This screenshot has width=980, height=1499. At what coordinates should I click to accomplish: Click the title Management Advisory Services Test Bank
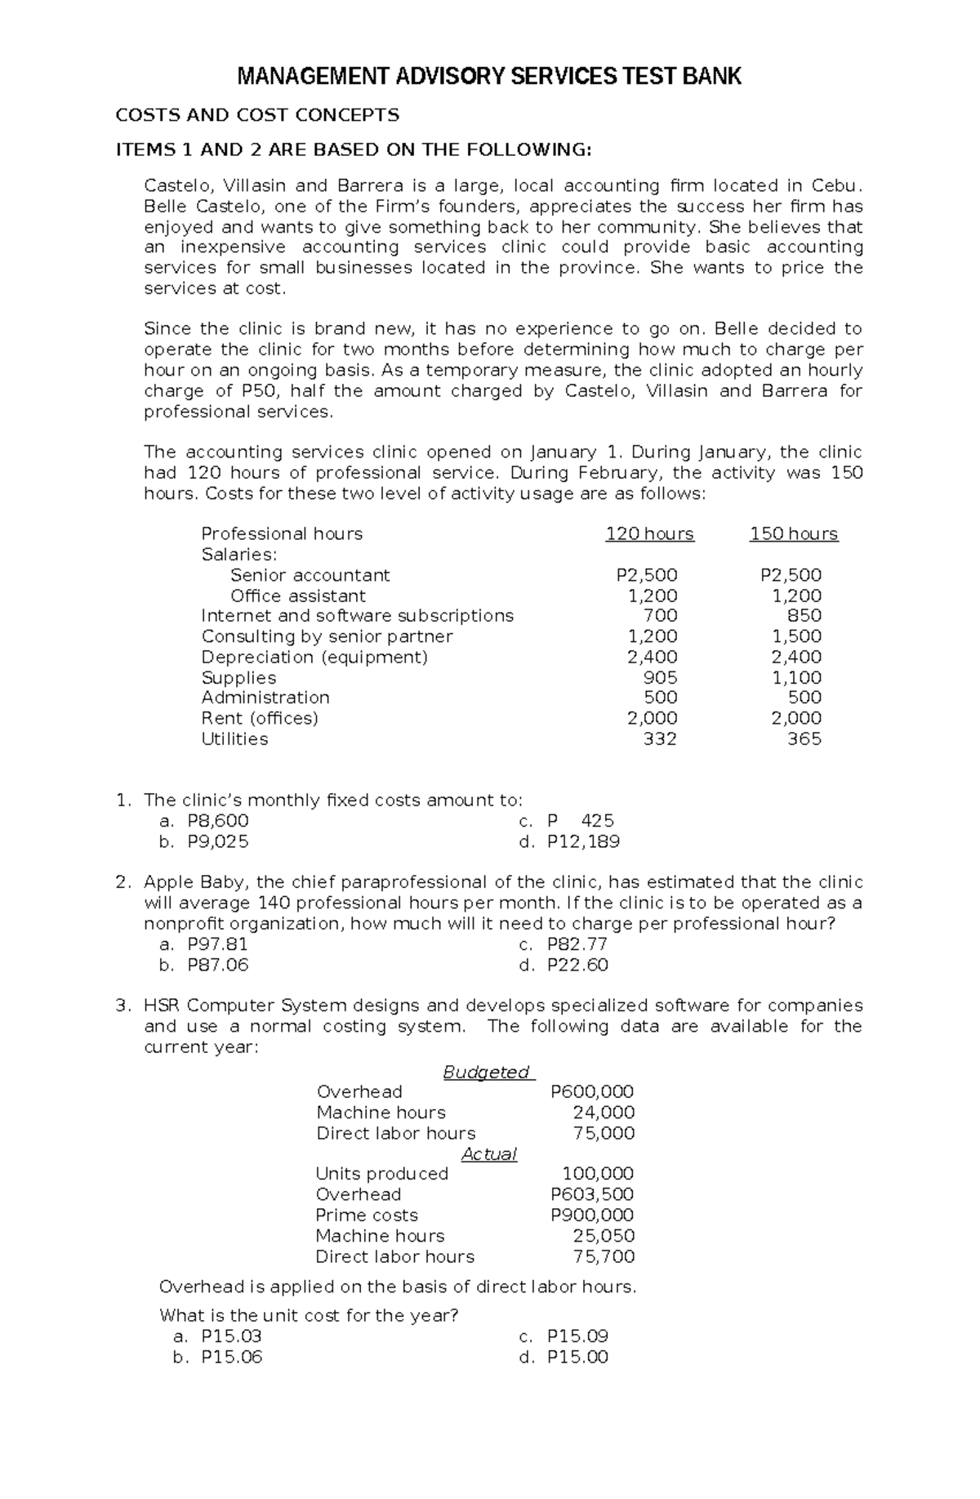tap(488, 78)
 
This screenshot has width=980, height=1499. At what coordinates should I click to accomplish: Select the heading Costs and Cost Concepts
tap(257, 115)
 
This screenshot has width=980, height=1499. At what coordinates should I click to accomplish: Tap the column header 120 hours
tap(649, 534)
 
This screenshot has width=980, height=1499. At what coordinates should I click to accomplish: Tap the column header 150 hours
tap(794, 534)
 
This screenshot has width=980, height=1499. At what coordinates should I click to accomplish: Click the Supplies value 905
tap(661, 678)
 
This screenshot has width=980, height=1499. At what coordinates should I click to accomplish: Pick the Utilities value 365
tap(804, 739)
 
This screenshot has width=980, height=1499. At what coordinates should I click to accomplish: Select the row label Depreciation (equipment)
tap(314, 658)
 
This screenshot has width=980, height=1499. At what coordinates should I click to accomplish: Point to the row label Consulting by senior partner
tap(327, 636)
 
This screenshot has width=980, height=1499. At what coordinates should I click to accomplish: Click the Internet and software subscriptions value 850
tap(804, 616)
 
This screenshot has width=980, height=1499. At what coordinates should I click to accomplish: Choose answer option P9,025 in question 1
tap(218, 841)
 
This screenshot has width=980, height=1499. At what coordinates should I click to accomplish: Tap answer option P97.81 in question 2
tap(217, 944)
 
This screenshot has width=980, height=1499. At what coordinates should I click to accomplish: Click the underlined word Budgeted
tap(486, 1073)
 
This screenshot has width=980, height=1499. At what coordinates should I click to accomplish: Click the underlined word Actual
tap(489, 1154)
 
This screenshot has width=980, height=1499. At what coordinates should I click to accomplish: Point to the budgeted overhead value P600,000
tap(592, 1092)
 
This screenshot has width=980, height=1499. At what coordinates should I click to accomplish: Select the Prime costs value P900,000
tap(592, 1216)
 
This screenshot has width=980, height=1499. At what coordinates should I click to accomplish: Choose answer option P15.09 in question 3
tap(577, 1336)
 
